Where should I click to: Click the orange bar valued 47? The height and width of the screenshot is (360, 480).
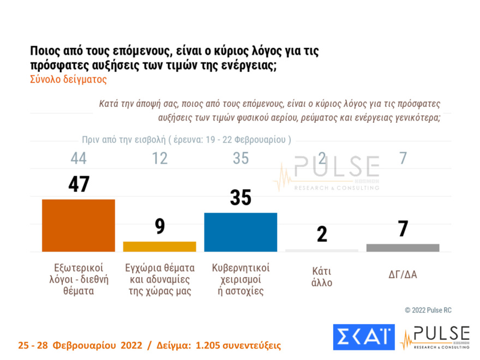click(x=79, y=225)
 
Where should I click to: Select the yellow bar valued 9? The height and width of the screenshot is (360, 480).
click(x=159, y=247)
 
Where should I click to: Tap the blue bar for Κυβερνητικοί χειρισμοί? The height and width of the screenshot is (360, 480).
click(x=241, y=232)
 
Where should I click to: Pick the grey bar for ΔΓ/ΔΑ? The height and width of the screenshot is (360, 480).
click(x=403, y=248)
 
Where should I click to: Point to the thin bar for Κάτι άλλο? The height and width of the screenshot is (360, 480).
click(x=322, y=250)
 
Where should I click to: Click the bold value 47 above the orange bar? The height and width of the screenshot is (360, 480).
click(x=79, y=185)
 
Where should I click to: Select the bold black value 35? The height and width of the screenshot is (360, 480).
click(x=241, y=198)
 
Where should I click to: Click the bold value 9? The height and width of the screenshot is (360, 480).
click(x=160, y=226)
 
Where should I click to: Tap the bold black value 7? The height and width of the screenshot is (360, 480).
click(x=403, y=229)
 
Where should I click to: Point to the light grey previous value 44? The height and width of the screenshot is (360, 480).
click(x=79, y=159)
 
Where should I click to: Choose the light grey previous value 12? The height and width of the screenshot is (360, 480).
click(x=159, y=159)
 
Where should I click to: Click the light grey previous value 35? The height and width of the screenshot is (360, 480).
click(x=241, y=159)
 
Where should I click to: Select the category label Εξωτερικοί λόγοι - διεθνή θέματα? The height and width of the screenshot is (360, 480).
click(x=79, y=279)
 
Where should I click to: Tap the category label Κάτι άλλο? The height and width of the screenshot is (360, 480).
click(x=322, y=277)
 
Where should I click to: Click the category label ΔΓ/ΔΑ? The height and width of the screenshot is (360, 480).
click(x=403, y=274)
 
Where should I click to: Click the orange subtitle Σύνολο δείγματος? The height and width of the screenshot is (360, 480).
click(x=68, y=79)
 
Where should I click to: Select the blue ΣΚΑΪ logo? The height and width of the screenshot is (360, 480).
click(x=363, y=337)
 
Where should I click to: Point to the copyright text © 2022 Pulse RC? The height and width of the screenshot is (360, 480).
click(x=428, y=310)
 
